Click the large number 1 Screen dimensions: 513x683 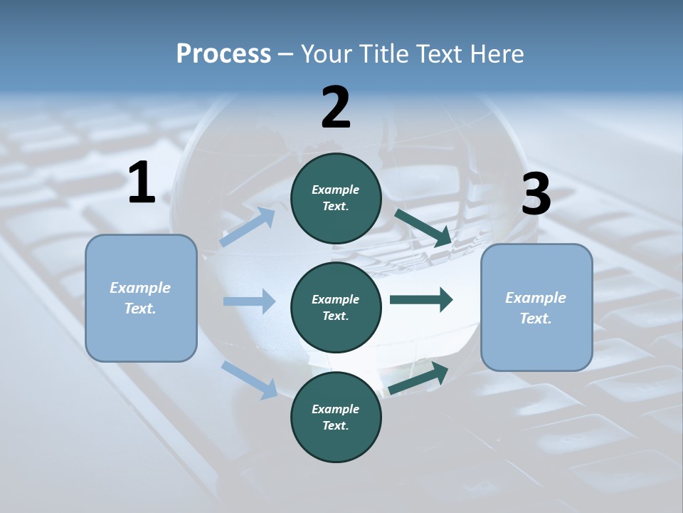(x=142, y=183)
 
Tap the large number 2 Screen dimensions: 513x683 (x=336, y=108)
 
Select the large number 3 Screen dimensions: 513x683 (x=536, y=195)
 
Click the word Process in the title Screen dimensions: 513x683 (x=223, y=53)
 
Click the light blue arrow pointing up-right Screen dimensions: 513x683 (x=248, y=227)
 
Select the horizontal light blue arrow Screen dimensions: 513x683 (x=249, y=301)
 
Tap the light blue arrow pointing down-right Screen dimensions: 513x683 (x=249, y=379)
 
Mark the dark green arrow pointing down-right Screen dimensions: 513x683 (x=423, y=228)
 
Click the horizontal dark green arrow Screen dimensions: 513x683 (x=421, y=299)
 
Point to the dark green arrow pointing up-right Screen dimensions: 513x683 (x=418, y=378)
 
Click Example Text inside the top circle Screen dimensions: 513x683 (x=336, y=198)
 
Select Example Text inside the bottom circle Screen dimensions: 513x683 (x=336, y=418)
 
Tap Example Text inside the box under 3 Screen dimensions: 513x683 (x=536, y=308)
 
